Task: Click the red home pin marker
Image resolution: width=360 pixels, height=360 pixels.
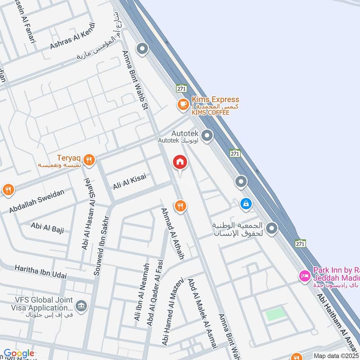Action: pos(180,162)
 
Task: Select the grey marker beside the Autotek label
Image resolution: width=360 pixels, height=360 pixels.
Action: pos(207,135)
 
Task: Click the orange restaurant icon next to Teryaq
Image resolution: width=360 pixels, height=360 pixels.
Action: pos(90,159)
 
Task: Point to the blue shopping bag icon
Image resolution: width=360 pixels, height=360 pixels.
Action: pos(246,204)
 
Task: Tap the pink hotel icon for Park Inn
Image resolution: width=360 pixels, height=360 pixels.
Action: pos(305,275)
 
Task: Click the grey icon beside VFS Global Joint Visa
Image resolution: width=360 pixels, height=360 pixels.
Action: pos(81,306)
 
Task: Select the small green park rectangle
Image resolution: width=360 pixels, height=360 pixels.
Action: pos(275,314)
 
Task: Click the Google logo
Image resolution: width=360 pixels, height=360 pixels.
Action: pos(18,354)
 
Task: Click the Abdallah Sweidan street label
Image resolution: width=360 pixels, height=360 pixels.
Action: pos(37,201)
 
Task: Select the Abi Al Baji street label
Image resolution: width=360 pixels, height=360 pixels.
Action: pos(47,227)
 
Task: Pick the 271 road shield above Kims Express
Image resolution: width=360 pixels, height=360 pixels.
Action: pos(181,88)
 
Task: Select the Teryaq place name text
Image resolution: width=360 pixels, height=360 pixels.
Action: pos(68,158)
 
